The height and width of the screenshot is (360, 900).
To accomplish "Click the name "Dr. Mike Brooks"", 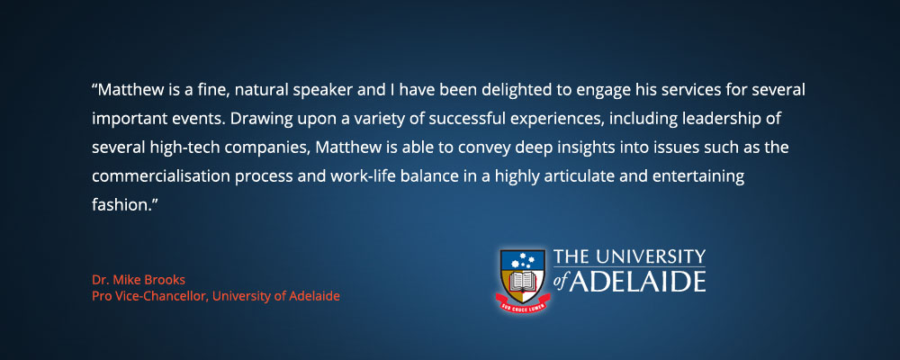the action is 139,280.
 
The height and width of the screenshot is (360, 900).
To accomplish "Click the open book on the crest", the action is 522,282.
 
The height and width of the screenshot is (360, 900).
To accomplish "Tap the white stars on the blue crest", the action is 522,261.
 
